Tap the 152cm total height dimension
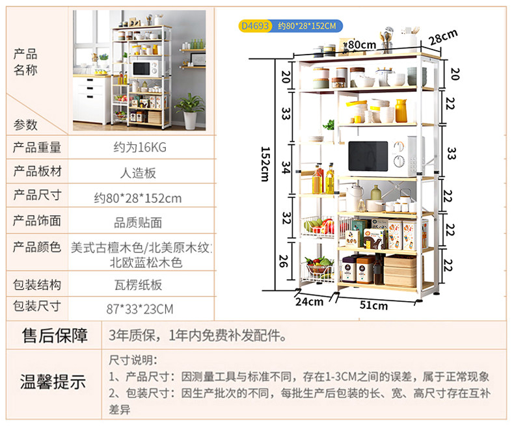265,165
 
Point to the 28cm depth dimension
442,37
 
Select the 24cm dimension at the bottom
309,301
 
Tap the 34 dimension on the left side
285,167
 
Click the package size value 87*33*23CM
139,308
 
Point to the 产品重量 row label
37,148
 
